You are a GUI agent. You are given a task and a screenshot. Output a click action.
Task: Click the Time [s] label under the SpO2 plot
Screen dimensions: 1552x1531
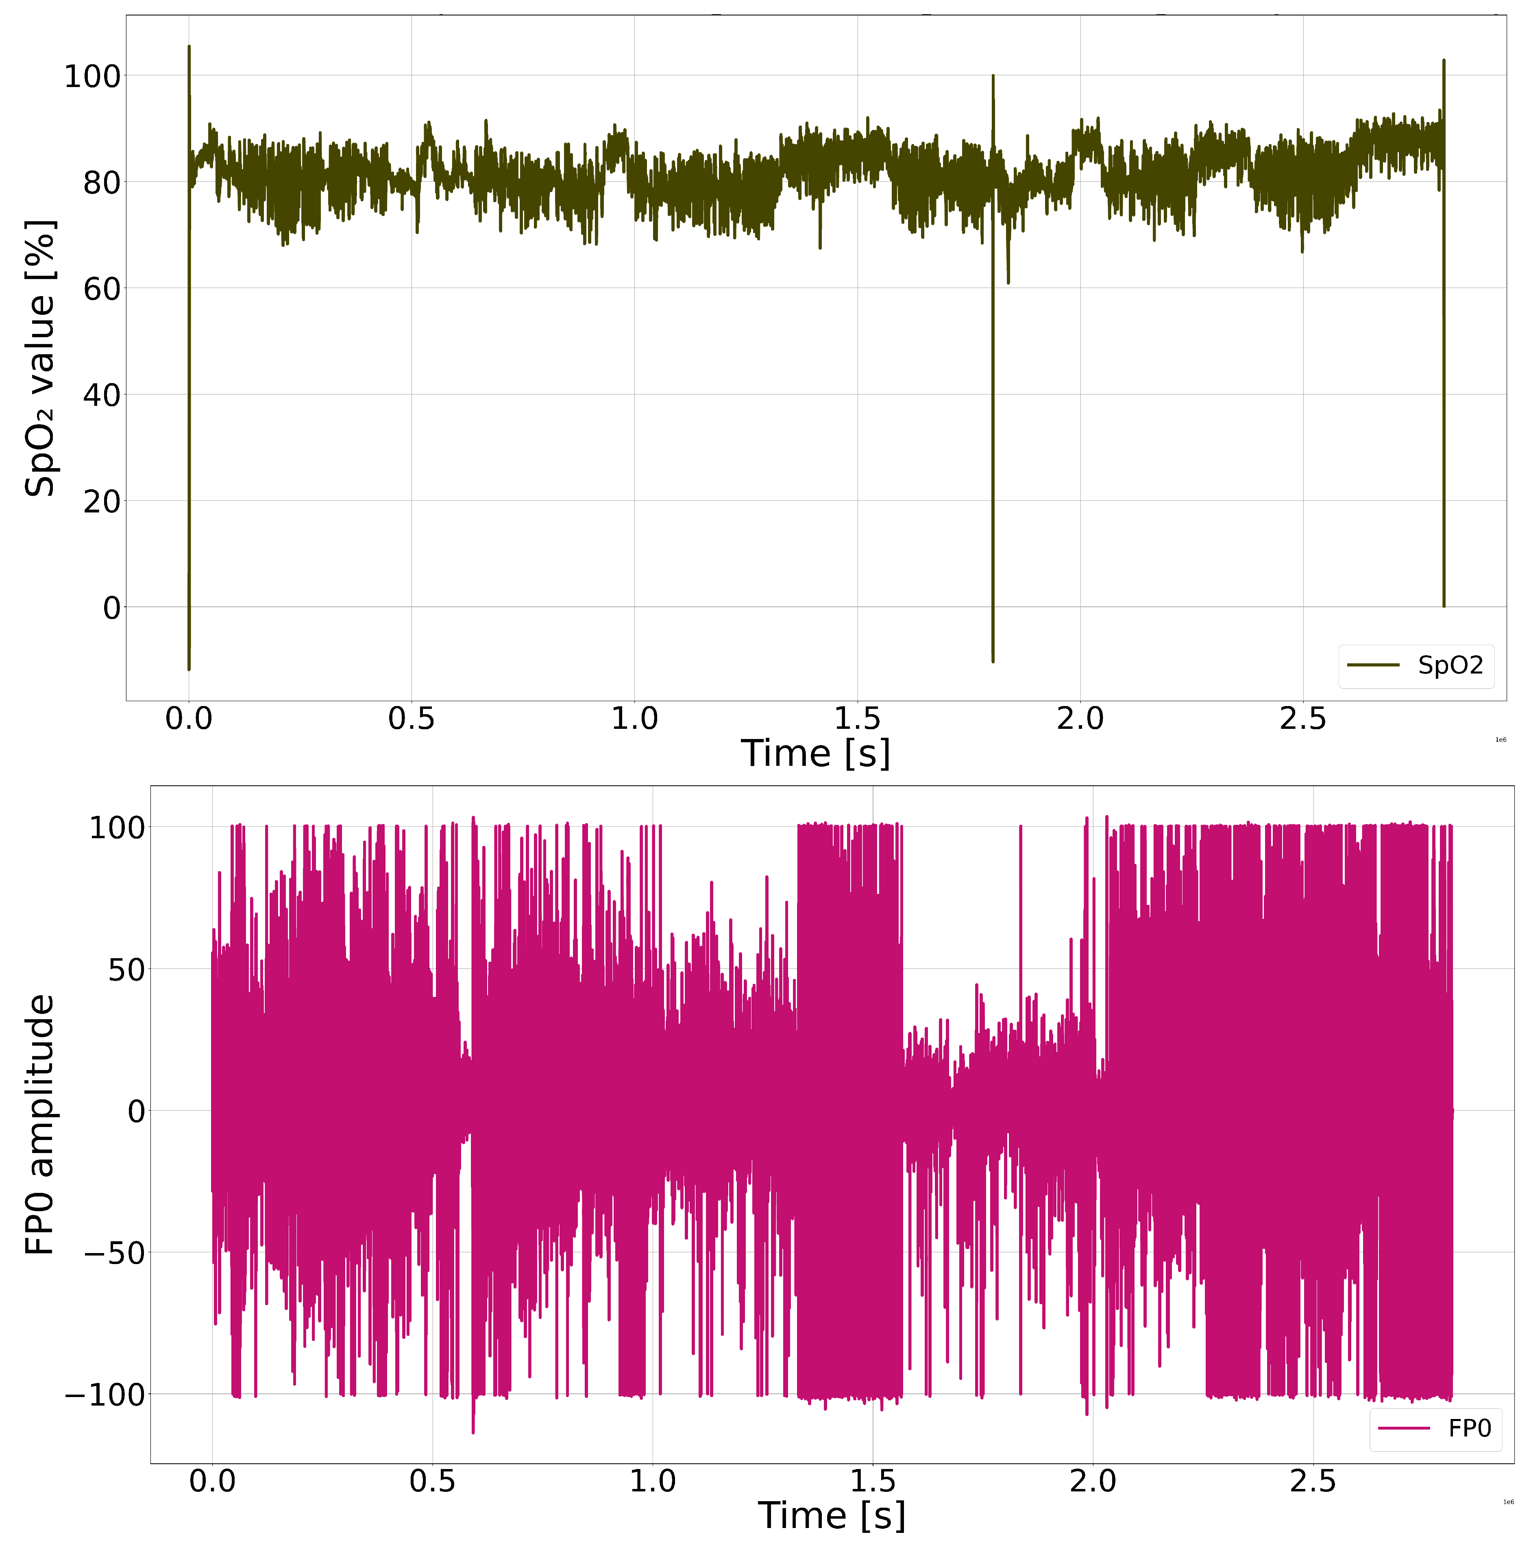tap(815, 754)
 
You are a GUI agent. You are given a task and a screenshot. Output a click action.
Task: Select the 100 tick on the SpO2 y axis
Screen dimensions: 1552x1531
tap(92, 77)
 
